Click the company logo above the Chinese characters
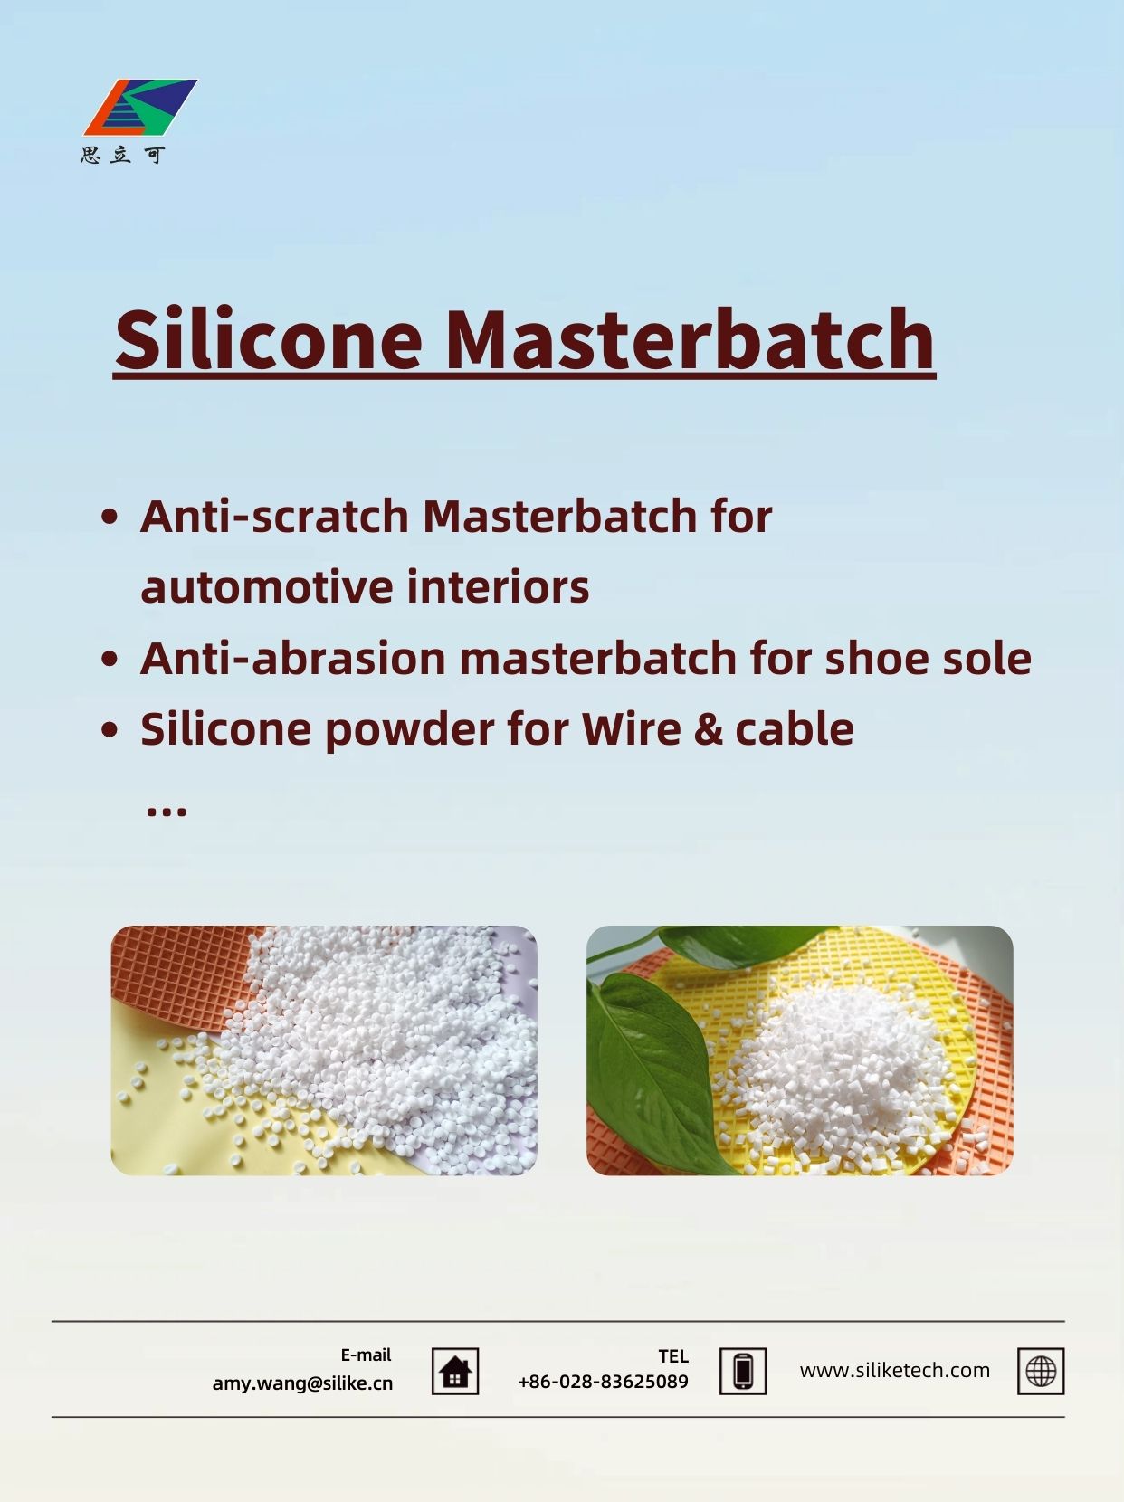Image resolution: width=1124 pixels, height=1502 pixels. point(140,108)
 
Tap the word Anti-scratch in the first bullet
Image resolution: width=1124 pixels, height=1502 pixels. point(274,516)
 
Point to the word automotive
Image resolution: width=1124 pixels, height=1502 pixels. point(266,587)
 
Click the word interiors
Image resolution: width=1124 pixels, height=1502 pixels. point(498,586)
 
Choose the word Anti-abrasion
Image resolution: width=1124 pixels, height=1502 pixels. point(293,659)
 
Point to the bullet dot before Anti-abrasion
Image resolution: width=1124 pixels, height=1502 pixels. point(110,659)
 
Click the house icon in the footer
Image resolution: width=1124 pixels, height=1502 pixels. point(455,1372)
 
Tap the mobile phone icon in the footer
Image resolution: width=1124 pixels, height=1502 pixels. point(743,1372)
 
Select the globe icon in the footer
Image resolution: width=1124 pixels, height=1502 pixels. point(1041,1372)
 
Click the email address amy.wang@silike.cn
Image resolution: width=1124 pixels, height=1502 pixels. point(302,1383)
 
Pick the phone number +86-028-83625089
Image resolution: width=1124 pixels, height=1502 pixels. point(603,1383)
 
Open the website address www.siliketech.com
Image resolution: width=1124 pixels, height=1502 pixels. point(895,1371)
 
